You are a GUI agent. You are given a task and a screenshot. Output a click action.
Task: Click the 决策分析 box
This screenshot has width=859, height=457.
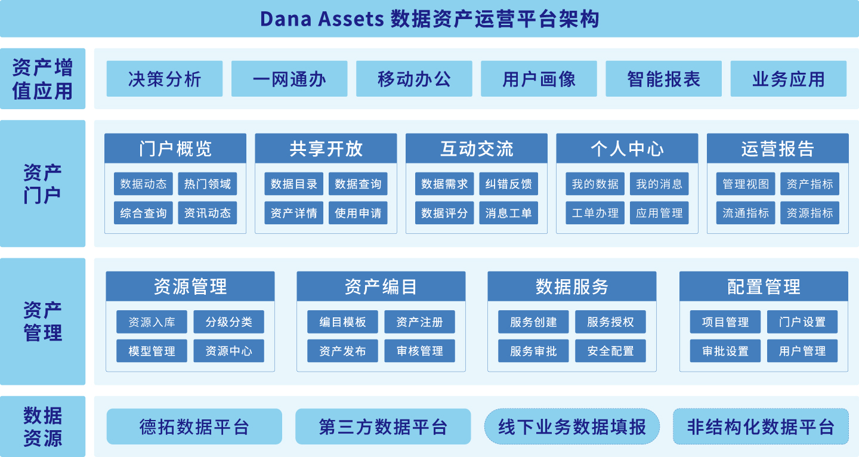click(164, 79)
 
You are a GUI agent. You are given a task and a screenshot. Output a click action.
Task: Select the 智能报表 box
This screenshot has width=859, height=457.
click(663, 79)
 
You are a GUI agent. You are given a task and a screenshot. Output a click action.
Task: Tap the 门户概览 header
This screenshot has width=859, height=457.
click(175, 149)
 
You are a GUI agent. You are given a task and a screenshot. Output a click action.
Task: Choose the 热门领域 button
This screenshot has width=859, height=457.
click(207, 184)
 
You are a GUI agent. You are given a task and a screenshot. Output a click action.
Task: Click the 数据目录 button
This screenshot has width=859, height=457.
click(294, 184)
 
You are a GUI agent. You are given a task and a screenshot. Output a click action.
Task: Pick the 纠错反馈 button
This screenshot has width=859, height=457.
click(508, 184)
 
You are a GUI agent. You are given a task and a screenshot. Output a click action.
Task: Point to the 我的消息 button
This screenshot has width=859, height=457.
click(659, 184)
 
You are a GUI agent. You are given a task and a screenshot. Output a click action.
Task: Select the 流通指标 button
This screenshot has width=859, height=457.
click(746, 213)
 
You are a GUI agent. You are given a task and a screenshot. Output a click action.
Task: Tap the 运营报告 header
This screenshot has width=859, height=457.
click(777, 149)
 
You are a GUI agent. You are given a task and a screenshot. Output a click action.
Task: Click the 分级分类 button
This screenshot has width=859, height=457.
click(228, 322)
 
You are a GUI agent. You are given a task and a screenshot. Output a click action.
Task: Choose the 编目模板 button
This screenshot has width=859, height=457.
click(342, 322)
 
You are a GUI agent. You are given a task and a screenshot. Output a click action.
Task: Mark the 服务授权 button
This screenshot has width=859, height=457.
click(610, 322)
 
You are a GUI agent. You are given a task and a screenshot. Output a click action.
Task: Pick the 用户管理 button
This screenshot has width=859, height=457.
click(802, 351)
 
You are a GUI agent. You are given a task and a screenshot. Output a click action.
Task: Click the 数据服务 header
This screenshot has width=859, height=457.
click(571, 287)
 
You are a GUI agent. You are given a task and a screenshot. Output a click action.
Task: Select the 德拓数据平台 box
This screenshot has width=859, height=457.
click(194, 427)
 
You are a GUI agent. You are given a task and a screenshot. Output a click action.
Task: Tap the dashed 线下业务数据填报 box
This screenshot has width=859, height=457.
click(572, 427)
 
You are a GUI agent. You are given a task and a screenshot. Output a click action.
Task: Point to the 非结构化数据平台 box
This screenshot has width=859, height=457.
click(761, 427)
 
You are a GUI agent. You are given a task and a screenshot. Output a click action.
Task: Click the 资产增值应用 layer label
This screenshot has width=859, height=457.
click(42, 79)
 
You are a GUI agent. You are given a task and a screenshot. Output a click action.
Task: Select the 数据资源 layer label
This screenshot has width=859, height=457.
click(42, 427)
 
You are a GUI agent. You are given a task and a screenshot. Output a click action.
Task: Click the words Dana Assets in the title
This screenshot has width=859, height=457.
click(322, 19)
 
